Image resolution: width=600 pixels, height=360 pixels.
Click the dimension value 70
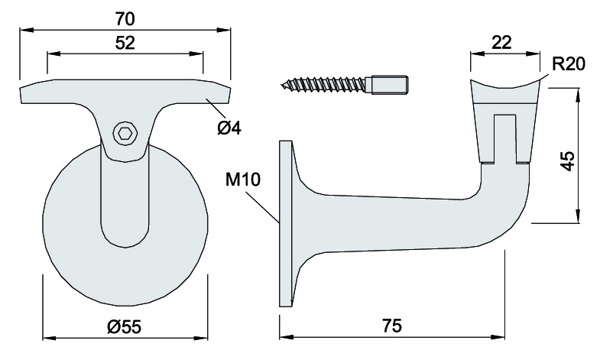click(125, 16)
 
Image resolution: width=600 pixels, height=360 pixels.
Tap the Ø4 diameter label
click(229, 128)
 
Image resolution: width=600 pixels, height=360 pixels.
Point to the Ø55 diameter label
click(125, 326)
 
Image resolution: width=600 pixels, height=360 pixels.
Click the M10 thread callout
click(244, 180)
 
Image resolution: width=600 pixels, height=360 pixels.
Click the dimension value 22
click(501, 43)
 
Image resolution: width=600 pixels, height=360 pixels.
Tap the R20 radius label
click(568, 63)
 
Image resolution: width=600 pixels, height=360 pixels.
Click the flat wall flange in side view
click(286, 223)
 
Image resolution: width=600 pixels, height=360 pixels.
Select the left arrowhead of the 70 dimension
click(24, 30)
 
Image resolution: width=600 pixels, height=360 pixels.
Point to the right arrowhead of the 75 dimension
click(502, 336)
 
